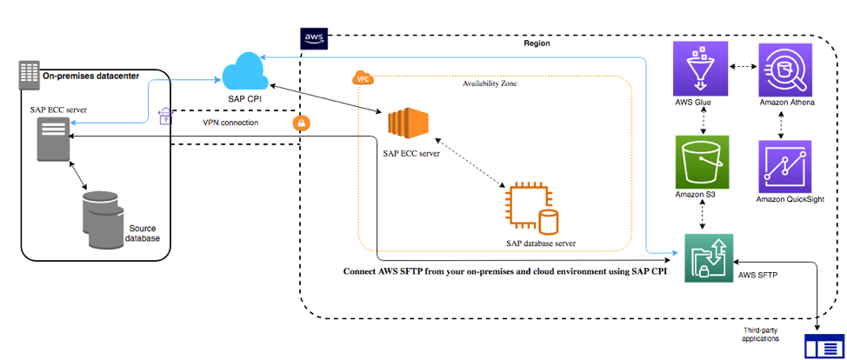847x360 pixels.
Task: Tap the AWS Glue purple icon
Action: pos(702,70)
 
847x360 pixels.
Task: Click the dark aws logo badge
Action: pos(313,39)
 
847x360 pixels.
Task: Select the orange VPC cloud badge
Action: pos(362,79)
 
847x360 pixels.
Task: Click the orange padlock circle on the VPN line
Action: pos(302,123)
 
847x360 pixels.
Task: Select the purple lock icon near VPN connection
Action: pos(165,117)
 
